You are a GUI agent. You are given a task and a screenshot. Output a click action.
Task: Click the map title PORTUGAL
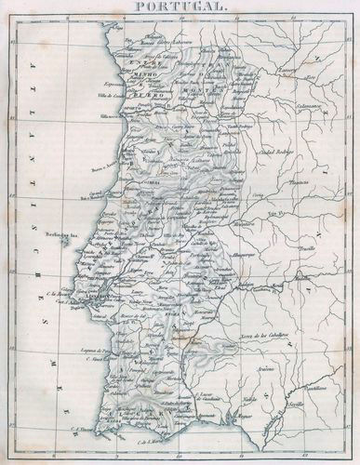pos(179,7)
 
